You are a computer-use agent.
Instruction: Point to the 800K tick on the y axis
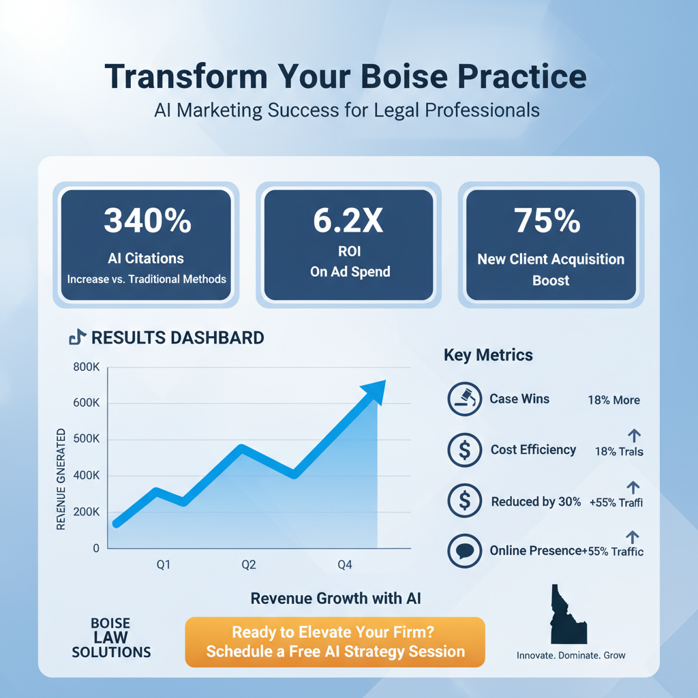coord(85,367)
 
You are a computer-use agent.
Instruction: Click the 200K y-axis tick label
coord(85,512)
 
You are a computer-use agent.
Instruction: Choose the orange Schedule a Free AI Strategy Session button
coord(335,641)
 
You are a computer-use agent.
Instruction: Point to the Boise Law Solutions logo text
coord(111,638)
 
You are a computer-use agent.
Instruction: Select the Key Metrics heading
coord(488,355)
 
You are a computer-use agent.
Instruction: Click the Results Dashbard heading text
coord(177,337)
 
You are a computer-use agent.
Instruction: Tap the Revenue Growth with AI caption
coord(336,598)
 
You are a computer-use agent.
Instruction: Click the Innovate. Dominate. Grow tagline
coord(571,655)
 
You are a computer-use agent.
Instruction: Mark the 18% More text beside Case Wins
coord(613,400)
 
